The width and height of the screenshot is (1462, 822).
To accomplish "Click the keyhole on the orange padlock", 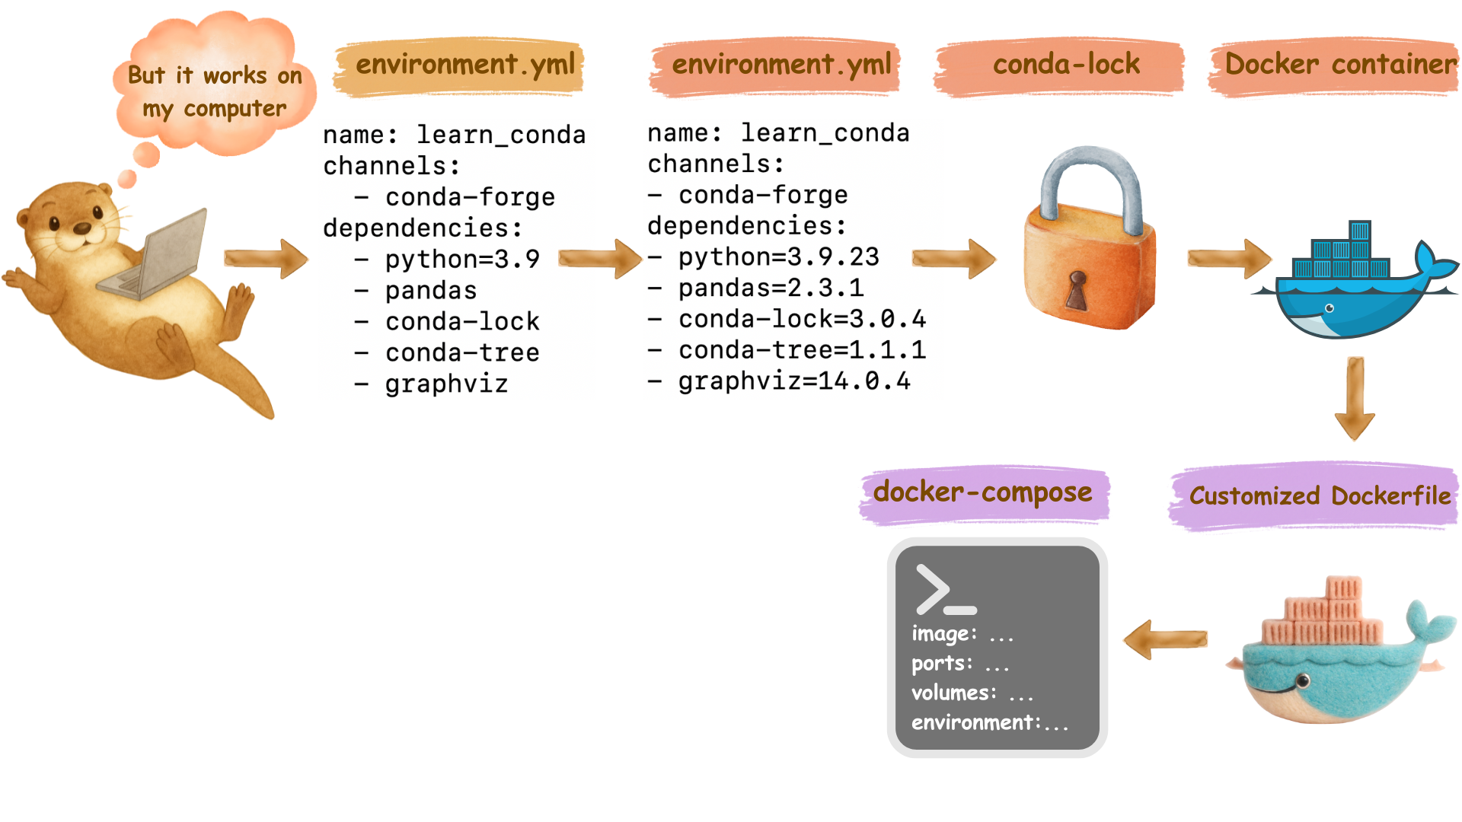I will coord(1077,289).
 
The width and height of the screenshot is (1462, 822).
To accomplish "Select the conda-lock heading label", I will coord(1066,65).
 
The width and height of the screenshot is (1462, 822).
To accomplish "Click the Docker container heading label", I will coord(1340,65).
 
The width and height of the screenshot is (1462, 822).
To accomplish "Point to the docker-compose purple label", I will coord(982,492).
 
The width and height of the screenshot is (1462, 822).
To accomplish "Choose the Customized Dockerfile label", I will coord(1320,496).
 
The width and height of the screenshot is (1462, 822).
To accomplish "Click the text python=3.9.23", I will coord(778,257).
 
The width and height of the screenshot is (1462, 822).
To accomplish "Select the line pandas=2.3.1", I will coord(771,288).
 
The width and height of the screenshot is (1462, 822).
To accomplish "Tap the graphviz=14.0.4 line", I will coord(793,381).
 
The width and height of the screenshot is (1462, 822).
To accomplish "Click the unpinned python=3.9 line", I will coord(462,260).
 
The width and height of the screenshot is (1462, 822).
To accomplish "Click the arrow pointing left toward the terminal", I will coord(1165,639).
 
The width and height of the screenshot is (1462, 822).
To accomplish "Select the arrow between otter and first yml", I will coord(266,259).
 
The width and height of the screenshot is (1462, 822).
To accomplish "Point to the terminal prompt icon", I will coord(944,590).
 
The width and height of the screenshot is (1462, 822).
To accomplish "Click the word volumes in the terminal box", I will coord(953,693).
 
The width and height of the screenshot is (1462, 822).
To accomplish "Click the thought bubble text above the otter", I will coord(215,92).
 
